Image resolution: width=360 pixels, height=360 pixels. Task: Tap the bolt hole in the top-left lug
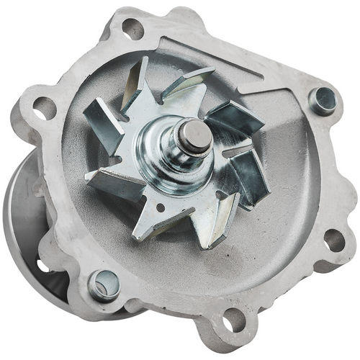click(x=132, y=30)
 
